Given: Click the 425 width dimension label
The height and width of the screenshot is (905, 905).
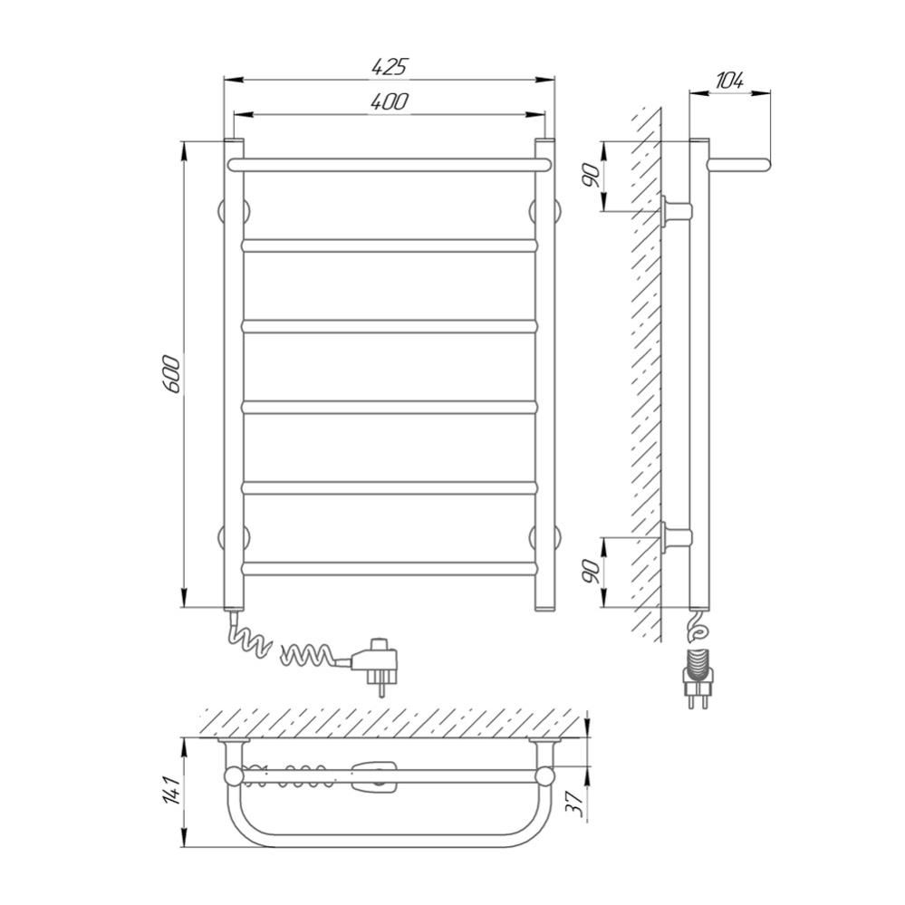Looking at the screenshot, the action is click(389, 67).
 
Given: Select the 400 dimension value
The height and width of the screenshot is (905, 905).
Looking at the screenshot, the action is click(389, 101).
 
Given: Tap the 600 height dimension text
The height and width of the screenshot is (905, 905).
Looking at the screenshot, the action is click(172, 375).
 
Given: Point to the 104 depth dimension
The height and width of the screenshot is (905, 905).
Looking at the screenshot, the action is click(729, 81).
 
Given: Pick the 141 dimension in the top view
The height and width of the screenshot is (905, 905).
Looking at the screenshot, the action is click(172, 791).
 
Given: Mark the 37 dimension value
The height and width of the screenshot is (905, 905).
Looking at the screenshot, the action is click(573, 803).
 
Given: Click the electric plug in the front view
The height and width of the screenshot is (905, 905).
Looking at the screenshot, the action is click(374, 664).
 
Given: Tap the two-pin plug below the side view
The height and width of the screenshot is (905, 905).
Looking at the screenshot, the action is click(698, 679).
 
